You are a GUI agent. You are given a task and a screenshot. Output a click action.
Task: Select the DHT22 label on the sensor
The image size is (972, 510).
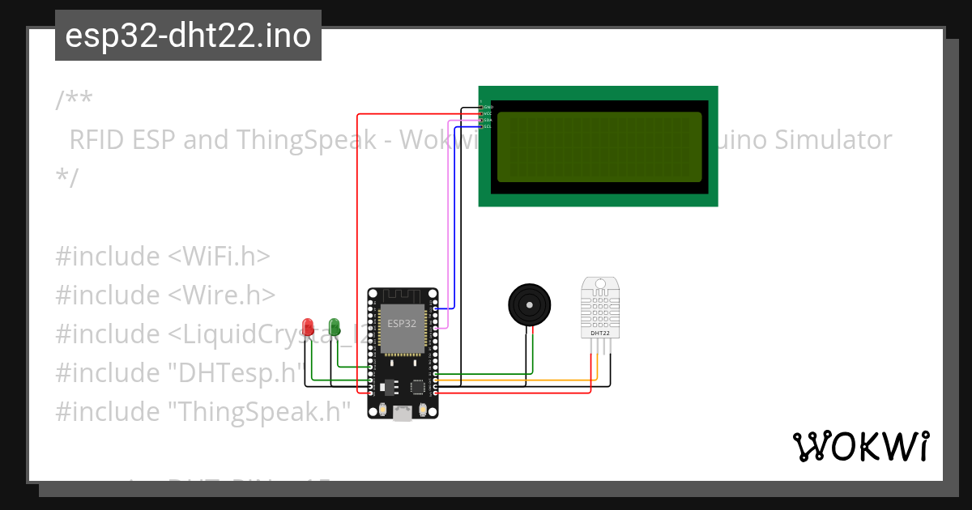click(x=600, y=333)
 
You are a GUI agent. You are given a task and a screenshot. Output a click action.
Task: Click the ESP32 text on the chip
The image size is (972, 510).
click(x=402, y=323)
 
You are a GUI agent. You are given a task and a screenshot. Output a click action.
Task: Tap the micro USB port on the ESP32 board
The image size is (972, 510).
click(x=402, y=414)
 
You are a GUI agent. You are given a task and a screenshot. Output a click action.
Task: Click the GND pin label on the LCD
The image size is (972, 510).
click(x=488, y=107)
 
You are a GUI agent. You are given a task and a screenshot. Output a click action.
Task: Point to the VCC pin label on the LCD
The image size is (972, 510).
click(x=488, y=113)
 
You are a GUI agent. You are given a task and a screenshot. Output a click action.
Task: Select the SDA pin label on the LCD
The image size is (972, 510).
click(x=488, y=120)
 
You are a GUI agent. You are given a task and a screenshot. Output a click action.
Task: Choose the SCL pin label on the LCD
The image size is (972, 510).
click(x=488, y=126)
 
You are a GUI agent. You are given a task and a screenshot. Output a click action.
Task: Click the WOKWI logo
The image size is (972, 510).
click(x=860, y=447)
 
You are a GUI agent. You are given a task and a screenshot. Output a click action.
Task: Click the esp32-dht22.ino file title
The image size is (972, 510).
click(x=188, y=36)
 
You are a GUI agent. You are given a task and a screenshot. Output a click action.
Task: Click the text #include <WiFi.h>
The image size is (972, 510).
click(x=163, y=257)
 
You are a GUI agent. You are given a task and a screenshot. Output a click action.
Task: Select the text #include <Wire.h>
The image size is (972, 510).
click(x=165, y=295)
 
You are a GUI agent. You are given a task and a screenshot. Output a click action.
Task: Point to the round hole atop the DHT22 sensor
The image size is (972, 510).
click(x=600, y=285)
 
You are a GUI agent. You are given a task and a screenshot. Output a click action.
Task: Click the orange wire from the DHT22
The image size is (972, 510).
click(x=518, y=380)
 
